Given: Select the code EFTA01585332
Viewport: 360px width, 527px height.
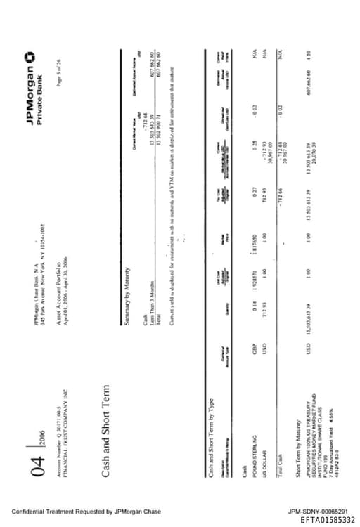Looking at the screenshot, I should pos(328,520).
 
